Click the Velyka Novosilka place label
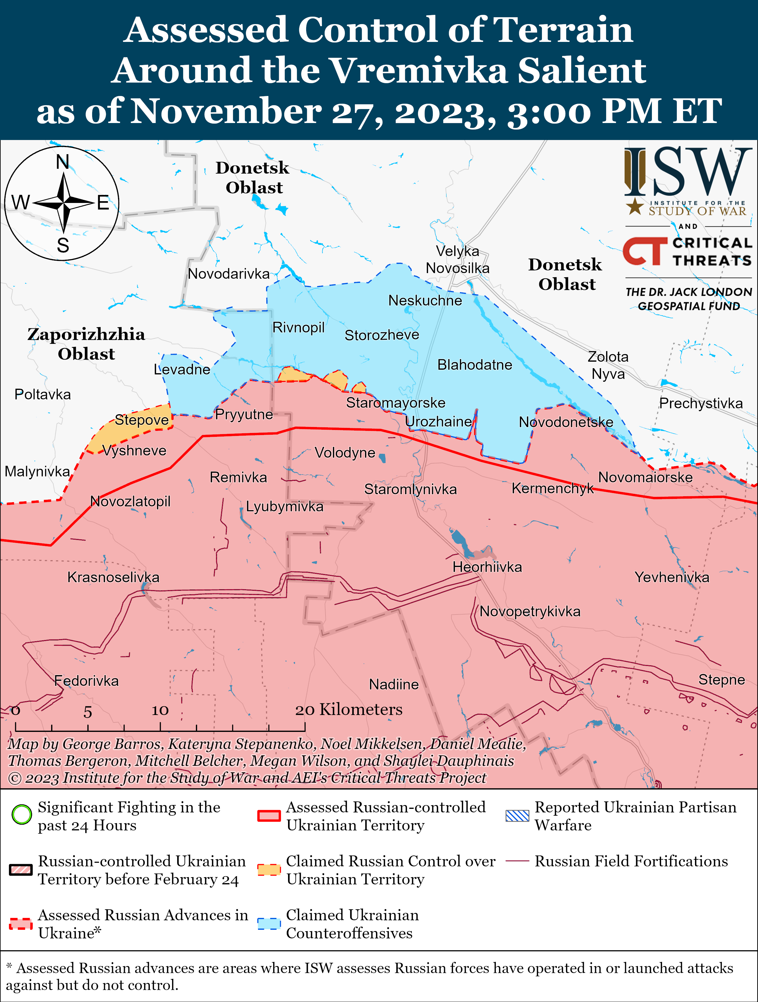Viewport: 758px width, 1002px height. [457, 259]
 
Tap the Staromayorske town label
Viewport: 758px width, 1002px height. [396, 402]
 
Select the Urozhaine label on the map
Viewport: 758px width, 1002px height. [438, 421]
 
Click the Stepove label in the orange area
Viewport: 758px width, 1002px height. [141, 420]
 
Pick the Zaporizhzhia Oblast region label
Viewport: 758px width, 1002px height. [86, 344]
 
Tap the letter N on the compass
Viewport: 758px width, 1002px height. [62, 162]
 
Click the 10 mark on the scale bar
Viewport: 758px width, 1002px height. [160, 710]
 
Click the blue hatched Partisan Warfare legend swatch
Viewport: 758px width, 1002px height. [517, 815]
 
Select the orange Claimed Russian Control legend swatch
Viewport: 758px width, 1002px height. [269, 869]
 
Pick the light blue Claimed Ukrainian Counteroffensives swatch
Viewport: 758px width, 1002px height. [269, 924]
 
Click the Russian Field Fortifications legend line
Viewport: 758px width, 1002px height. [517, 861]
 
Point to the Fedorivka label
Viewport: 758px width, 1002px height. [86, 680]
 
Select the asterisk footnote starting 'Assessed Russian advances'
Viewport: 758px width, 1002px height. [369, 976]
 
